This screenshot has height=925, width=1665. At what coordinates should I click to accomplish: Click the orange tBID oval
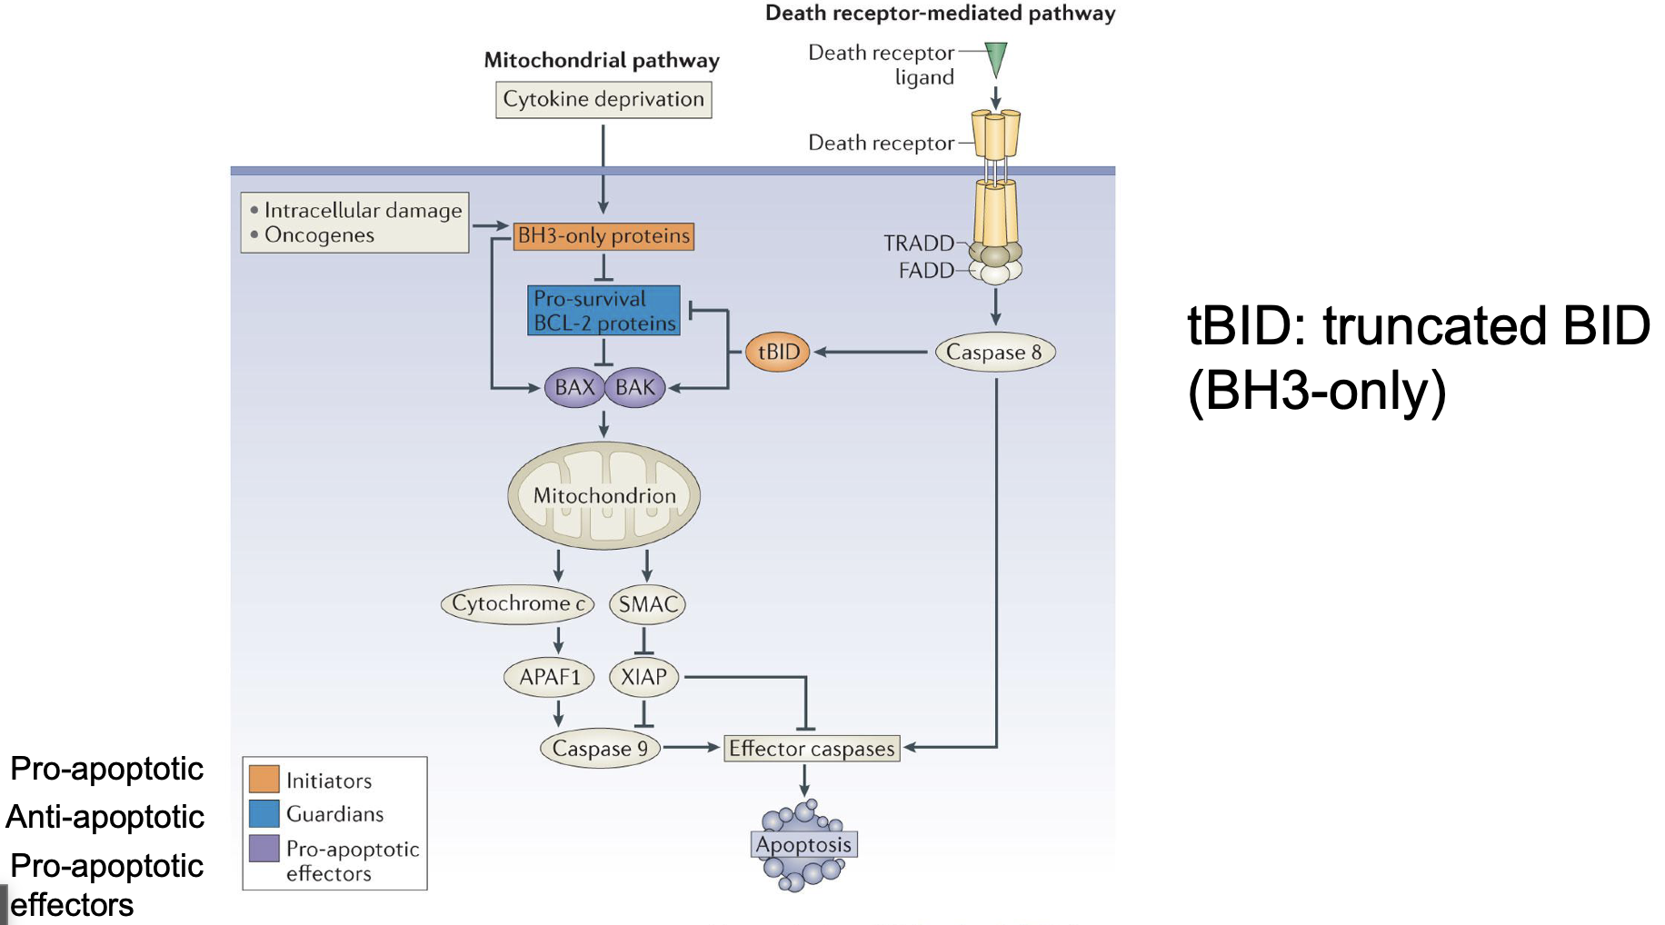point(778,352)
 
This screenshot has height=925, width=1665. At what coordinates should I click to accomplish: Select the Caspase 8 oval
point(995,352)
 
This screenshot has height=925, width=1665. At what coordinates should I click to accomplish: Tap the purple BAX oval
point(574,388)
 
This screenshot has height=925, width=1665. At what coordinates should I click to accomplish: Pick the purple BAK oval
point(635,388)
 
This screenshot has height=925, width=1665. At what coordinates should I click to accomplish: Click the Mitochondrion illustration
point(604,495)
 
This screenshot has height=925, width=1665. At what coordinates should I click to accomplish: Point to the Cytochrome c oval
point(518,603)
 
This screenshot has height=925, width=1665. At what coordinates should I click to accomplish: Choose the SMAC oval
point(647,604)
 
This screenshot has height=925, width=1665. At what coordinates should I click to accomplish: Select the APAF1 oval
point(549,677)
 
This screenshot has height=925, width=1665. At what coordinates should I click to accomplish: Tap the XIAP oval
point(643,677)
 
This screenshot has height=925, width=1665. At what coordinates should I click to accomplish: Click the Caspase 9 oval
point(600,749)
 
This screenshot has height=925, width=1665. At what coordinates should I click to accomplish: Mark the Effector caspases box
point(812,749)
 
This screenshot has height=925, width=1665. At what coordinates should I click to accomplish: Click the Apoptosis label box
point(804,844)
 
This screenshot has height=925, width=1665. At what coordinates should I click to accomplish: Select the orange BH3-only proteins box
point(603,236)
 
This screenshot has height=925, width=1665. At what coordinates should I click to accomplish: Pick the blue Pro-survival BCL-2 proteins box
point(604,311)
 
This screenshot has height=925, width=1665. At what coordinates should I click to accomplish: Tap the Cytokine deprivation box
point(603,99)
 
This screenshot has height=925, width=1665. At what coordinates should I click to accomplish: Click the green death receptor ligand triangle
point(996,57)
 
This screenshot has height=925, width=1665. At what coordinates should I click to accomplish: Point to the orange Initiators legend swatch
point(264,779)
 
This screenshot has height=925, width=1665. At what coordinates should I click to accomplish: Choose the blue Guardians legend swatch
point(264,813)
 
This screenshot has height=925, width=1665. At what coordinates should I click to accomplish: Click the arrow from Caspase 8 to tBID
point(871,352)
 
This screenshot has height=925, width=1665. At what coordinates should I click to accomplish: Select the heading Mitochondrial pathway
point(602,60)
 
